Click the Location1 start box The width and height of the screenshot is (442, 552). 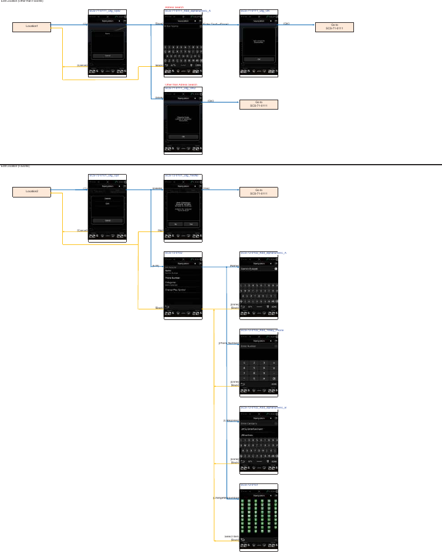point(32,27)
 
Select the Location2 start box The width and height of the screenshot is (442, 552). point(32,192)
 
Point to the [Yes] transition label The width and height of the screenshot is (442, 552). point(205,189)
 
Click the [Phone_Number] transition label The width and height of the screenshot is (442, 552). point(228,343)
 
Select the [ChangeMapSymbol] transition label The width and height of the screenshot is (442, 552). point(226,498)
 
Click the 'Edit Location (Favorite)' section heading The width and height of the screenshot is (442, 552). point(15,166)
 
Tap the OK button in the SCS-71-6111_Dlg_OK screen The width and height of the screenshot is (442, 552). point(258,59)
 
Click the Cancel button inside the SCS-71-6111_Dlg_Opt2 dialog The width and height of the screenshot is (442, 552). point(107,56)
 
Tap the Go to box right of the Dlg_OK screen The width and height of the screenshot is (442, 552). point(335,27)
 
